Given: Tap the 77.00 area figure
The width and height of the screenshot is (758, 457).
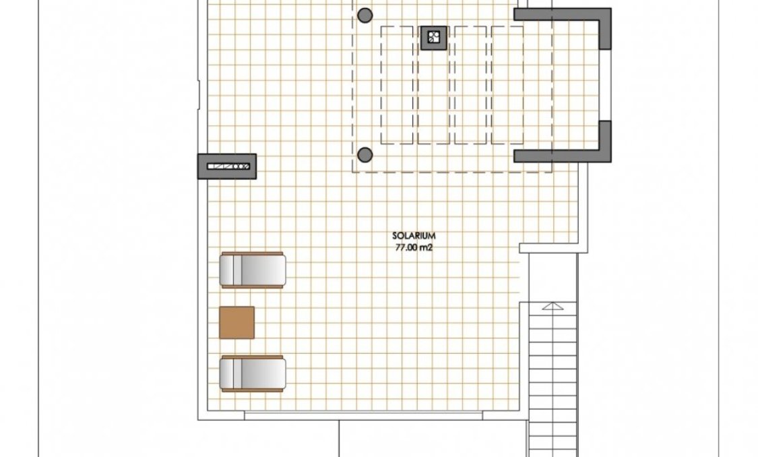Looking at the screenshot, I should tap(406, 247).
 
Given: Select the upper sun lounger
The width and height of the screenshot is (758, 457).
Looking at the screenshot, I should tap(253, 270).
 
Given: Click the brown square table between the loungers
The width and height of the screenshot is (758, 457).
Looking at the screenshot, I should tap(237, 322).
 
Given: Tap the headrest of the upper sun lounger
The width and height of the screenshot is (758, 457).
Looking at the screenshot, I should tap(231, 270).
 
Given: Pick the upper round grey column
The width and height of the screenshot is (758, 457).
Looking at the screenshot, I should tap(365, 14).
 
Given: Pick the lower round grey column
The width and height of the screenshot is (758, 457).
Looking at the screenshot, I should tap(365, 154).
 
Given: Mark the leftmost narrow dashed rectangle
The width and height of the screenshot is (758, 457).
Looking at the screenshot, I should tap(397, 84).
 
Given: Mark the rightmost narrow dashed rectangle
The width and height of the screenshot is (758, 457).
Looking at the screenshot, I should tap(507, 84).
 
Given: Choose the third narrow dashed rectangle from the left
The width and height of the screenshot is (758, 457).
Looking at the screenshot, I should tap(470, 84).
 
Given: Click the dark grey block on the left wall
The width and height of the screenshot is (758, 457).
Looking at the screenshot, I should tap(227, 166).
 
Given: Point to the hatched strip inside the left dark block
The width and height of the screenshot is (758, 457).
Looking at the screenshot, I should tap(229, 166).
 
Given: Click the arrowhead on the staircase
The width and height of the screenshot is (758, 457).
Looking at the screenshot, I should tap(552, 306).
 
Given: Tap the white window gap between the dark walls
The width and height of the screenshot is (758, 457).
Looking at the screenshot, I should tap(605, 84).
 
